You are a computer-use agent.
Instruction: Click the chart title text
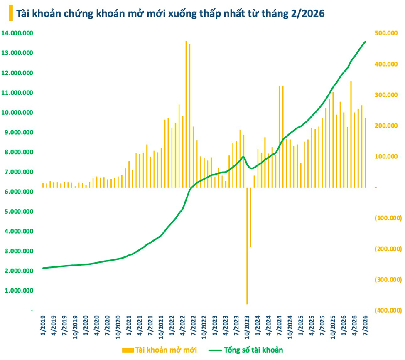[x=170, y=13]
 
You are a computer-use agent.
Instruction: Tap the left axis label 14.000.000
[x=17, y=33]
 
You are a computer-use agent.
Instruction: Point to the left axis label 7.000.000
[x=19, y=172]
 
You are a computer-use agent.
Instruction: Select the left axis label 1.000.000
[x=19, y=291]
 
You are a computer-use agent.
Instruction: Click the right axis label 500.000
[x=386, y=33]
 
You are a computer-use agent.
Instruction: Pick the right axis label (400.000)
[x=388, y=310]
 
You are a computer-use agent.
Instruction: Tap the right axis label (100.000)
[x=388, y=218]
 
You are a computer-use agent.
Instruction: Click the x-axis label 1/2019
[x=43, y=325]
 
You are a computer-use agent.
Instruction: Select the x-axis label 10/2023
[x=247, y=327]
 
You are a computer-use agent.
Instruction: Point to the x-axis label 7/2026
[x=366, y=325]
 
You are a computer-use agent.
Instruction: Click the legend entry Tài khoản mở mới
[x=160, y=350]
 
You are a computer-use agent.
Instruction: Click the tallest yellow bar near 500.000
[x=186, y=114]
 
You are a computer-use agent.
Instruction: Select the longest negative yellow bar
[x=247, y=246]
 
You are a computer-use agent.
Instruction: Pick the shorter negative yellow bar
[x=250, y=217]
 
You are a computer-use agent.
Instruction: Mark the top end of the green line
[x=365, y=41]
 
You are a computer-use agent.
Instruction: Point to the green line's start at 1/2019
[x=43, y=268]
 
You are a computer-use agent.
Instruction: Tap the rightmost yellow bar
[x=365, y=153]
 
